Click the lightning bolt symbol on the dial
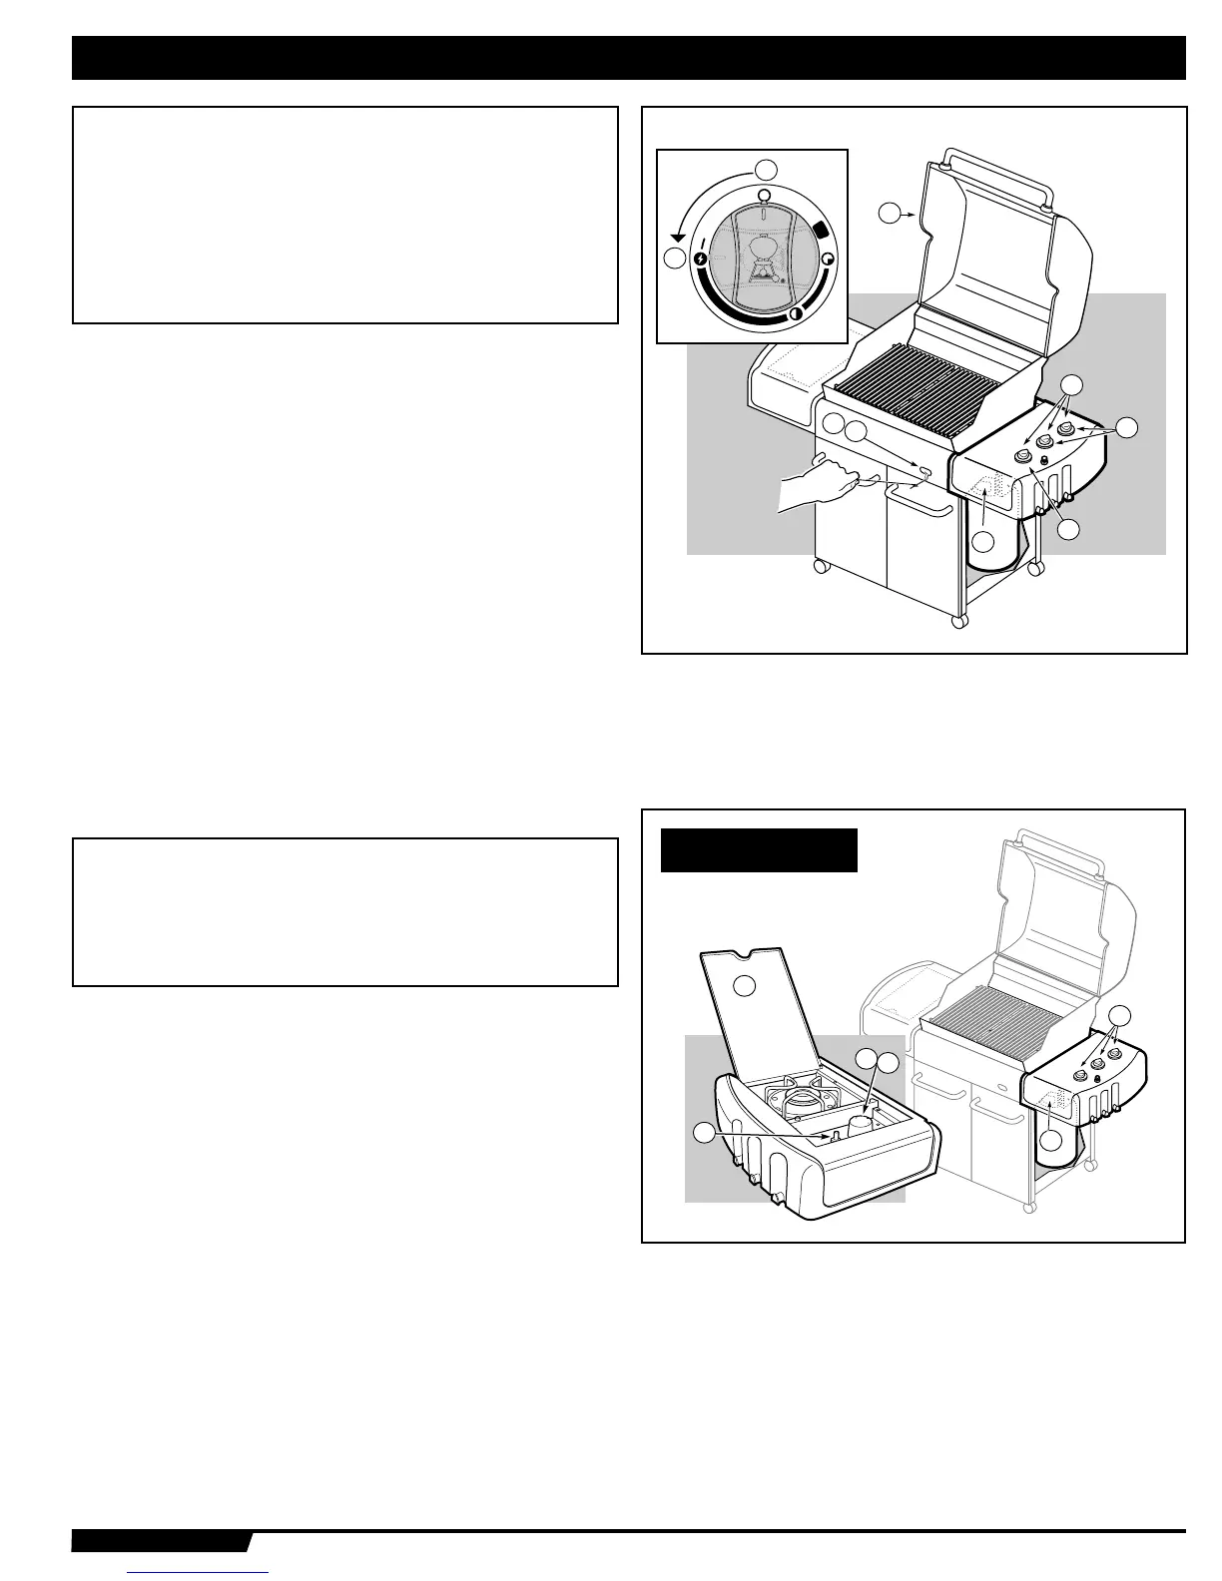[701, 259]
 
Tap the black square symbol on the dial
[821, 230]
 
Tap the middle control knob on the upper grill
[1044, 442]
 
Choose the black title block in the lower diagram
[759, 850]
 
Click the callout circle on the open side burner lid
[745, 985]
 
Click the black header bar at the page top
[628, 58]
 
